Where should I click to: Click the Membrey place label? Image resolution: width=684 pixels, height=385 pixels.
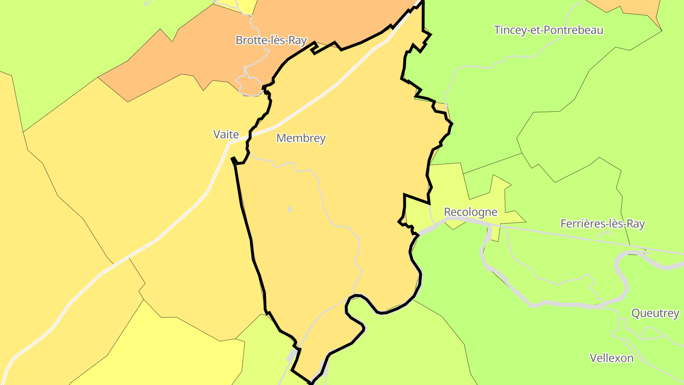pos(301,138)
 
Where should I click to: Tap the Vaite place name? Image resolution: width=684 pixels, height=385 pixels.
pos(226,135)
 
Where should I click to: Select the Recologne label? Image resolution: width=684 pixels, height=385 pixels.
pos(470,212)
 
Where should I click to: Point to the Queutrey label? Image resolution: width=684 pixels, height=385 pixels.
pos(655,314)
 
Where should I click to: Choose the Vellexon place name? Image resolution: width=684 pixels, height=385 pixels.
pos(611,358)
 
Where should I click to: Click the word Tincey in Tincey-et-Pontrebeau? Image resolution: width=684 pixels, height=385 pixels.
pos(510,30)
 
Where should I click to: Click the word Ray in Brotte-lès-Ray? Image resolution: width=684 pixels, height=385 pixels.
pos(298,41)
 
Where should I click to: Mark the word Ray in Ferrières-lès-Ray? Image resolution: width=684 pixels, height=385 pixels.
pos(636,224)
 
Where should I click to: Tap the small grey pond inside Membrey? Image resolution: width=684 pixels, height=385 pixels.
pos(289,209)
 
